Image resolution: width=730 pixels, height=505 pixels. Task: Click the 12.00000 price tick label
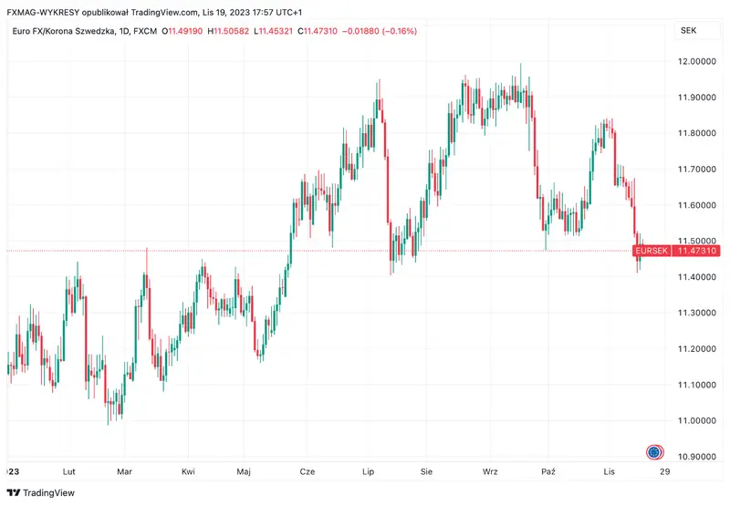pos(697,61)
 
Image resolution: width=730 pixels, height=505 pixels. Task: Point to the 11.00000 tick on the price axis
pos(697,421)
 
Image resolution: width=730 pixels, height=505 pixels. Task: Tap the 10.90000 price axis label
pos(697,457)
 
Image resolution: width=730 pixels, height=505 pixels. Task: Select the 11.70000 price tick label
pos(697,170)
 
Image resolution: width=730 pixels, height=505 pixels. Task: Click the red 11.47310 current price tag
pos(697,251)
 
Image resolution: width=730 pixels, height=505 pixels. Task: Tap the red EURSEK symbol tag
pos(652,251)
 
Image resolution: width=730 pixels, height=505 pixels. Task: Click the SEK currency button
pos(688,30)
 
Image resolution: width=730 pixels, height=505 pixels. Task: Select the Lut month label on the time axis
pos(68,471)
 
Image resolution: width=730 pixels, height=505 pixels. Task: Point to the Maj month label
pos(244,471)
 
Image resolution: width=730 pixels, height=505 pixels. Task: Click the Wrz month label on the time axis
pos(490,471)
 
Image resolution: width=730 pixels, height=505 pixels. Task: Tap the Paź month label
pos(547,471)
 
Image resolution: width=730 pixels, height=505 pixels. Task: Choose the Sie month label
pos(426,471)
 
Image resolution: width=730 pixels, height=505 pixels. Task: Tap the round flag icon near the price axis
pos(654,451)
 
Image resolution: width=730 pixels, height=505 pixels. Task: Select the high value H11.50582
pos(232,31)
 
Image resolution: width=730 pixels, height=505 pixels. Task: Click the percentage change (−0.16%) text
pos(398,31)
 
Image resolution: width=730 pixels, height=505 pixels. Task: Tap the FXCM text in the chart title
pos(145,31)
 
